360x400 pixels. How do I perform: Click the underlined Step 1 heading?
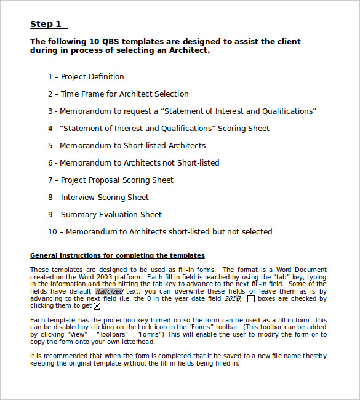coord(46,25)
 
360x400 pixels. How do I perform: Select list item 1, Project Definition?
coord(86,77)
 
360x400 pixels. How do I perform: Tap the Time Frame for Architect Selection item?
coord(118,94)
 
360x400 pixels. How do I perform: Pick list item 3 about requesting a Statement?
coord(182,111)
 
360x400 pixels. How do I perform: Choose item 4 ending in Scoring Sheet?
coord(159,129)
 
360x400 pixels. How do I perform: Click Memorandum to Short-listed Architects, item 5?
coord(127,146)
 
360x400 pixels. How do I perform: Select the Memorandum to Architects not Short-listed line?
coord(134,163)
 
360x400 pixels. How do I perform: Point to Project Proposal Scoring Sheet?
coord(111,180)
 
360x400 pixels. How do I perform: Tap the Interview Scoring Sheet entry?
coord(98,198)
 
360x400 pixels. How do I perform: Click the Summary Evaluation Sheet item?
coord(105,215)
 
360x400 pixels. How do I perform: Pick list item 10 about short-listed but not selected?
coord(160,232)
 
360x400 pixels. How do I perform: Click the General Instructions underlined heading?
coord(118,255)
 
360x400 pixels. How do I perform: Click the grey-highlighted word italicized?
coord(109,291)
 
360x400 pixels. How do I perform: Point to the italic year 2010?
coord(232,298)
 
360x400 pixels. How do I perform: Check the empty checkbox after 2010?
coord(250,299)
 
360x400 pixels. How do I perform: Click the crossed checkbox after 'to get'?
coord(97,306)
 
